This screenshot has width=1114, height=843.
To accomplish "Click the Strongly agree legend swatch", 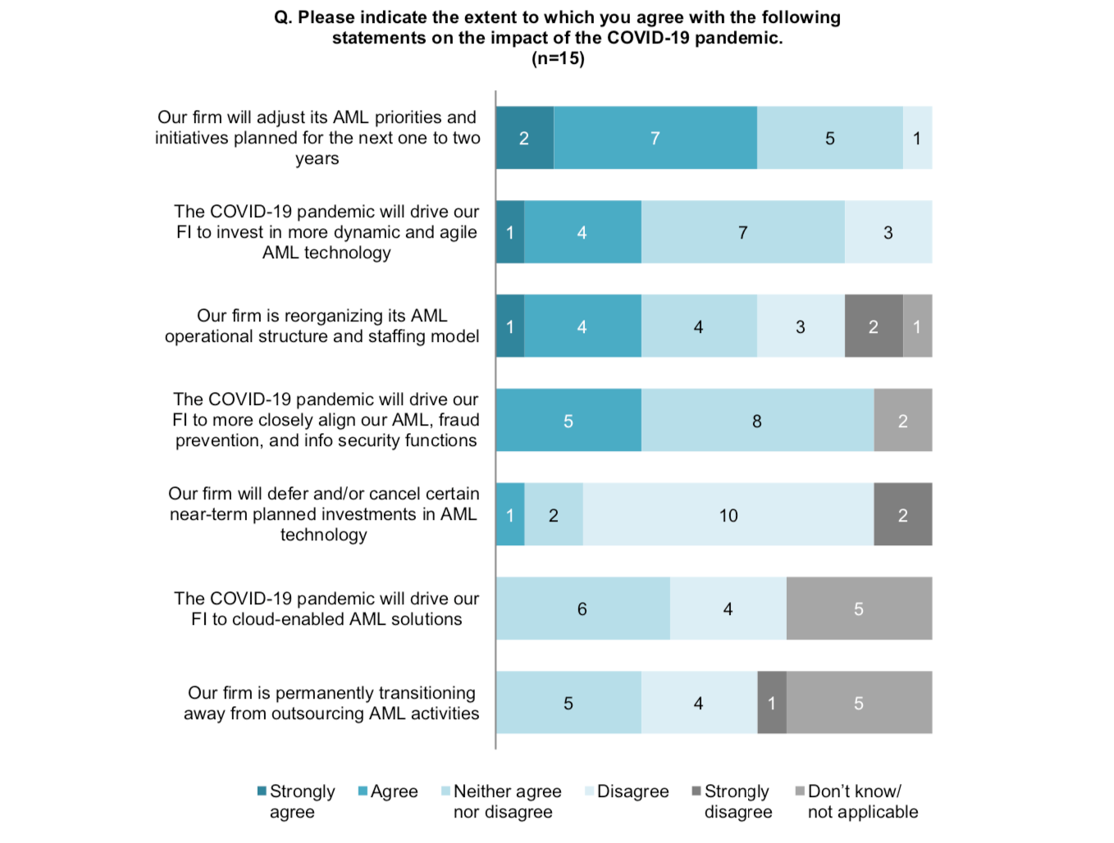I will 262,791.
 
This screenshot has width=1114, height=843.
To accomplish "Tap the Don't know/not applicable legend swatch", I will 800,791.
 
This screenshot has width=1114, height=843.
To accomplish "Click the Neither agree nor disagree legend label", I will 507,801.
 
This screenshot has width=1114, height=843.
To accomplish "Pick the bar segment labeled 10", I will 728,515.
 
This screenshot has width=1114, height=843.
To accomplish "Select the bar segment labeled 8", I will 757,421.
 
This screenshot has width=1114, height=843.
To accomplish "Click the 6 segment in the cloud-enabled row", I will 582,608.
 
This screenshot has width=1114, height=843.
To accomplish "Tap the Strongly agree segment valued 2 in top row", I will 524,138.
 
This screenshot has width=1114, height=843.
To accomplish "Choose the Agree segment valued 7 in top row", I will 655,138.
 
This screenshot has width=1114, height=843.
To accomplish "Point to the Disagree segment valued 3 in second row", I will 888,232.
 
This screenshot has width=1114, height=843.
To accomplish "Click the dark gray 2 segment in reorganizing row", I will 874,326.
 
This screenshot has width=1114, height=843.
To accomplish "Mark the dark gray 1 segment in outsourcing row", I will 771,703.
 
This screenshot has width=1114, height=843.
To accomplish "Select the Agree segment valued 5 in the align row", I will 568,421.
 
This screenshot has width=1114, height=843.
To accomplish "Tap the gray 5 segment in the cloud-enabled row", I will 858,608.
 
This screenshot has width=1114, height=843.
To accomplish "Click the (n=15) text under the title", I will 558,58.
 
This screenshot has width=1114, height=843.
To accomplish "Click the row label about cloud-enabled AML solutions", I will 326,608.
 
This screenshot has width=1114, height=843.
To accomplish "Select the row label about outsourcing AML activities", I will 331,703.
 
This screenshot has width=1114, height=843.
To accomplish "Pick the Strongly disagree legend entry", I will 737,801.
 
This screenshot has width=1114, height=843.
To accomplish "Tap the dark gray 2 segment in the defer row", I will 902,515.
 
